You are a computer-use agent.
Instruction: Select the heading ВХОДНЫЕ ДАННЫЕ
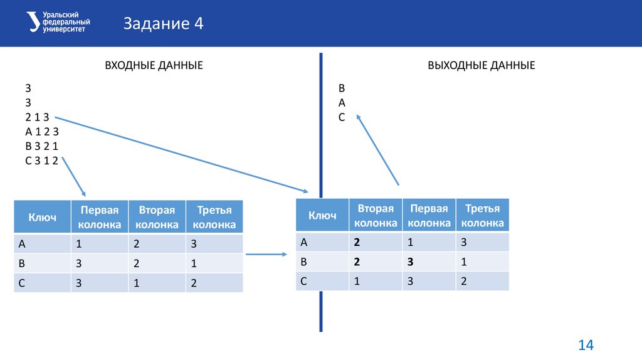[154, 65]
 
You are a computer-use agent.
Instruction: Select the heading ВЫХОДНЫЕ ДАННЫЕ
[481, 65]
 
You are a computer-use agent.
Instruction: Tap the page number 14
[586, 345]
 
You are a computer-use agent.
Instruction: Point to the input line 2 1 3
[38, 117]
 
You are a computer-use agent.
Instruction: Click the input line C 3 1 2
[41, 161]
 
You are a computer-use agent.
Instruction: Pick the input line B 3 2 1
[41, 146]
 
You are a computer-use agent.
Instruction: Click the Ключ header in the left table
[43, 217]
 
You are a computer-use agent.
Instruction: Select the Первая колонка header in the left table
[99, 217]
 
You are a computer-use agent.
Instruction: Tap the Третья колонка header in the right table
[482, 215]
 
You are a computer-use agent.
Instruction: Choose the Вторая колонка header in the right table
[376, 215]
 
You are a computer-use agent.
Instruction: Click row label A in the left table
[23, 244]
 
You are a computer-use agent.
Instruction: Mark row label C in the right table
[303, 281]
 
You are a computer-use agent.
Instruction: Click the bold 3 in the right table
[410, 262]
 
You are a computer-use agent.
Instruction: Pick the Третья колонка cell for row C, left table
[194, 283]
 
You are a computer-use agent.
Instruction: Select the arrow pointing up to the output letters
[378, 149]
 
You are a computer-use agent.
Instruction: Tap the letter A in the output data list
[342, 102]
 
